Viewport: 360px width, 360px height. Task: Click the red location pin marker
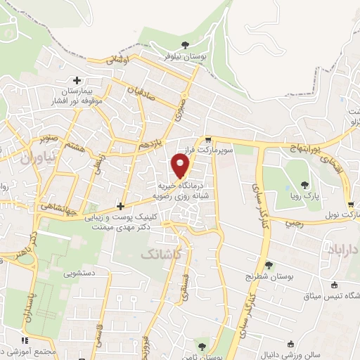pos(181,165)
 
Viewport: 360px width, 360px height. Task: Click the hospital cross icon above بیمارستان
pos(86,82)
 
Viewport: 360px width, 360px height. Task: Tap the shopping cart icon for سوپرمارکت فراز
pos(208,139)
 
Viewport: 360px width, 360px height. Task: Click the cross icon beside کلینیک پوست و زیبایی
pos(121,206)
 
